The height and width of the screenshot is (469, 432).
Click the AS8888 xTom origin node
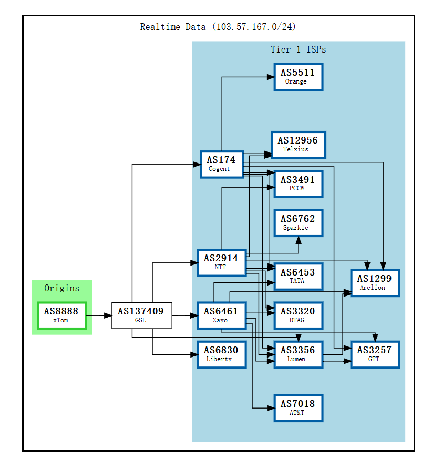point(61,315)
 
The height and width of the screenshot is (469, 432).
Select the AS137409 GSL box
point(141,315)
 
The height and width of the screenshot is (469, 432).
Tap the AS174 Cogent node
point(221,164)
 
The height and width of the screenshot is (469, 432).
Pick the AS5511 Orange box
point(298,77)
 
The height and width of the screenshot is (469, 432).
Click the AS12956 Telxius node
point(298,145)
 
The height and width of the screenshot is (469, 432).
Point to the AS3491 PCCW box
point(298,183)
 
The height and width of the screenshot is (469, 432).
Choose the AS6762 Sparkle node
point(298,222)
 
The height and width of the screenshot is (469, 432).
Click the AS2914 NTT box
point(221,262)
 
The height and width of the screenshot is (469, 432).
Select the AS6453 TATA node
point(298,276)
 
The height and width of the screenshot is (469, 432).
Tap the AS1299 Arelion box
point(375,283)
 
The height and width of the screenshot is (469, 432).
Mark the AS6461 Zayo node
point(221,315)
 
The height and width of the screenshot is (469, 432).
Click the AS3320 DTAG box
point(298,315)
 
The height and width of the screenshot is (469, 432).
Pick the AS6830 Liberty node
point(221,354)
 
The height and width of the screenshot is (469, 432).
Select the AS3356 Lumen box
point(298,354)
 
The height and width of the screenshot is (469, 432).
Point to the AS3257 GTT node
point(375,354)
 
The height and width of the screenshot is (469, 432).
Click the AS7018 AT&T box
point(298,408)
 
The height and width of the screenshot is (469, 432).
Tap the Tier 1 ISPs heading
point(298,49)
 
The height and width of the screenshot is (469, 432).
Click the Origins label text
point(61,288)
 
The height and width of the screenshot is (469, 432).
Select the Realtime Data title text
point(218,27)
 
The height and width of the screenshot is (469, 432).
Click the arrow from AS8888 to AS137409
point(99,315)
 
